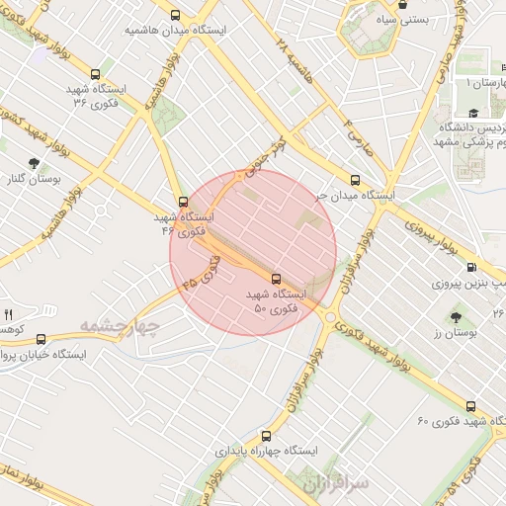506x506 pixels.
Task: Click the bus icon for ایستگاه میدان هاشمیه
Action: [176, 15]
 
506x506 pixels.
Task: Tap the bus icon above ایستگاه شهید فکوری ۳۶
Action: [95, 73]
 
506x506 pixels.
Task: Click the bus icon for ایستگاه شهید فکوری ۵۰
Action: [275, 279]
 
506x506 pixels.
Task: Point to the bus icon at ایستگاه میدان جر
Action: [355, 180]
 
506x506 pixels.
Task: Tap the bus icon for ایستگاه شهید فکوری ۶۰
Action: [470, 405]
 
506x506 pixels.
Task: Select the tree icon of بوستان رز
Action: [456, 317]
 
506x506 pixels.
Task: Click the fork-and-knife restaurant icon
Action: [9, 313]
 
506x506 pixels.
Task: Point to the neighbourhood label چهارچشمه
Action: [119, 325]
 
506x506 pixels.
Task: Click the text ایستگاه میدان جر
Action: [354, 196]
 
